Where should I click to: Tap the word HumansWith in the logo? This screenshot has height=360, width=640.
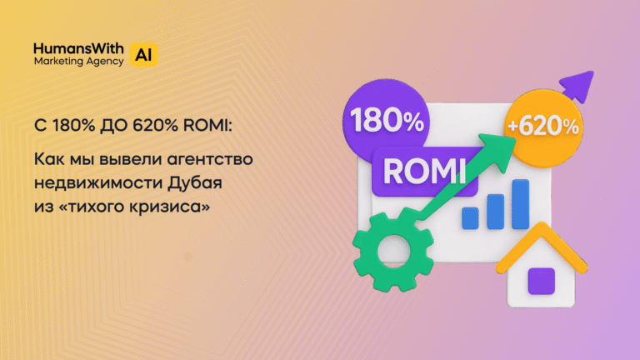tap(78, 47)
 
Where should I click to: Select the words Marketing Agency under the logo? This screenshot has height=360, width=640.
tap(78, 62)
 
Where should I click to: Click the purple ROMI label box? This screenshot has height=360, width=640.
tap(423, 171)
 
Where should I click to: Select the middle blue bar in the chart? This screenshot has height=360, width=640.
tap(496, 210)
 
